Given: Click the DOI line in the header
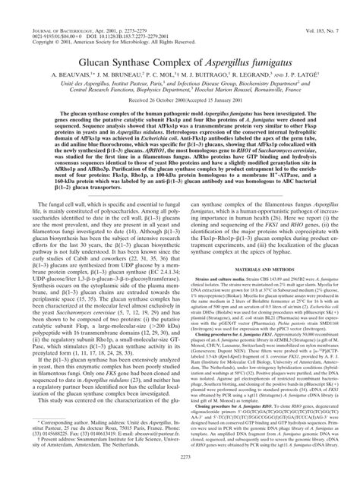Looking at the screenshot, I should click(91, 14).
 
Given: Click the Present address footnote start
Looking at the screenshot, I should click(43, 450).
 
